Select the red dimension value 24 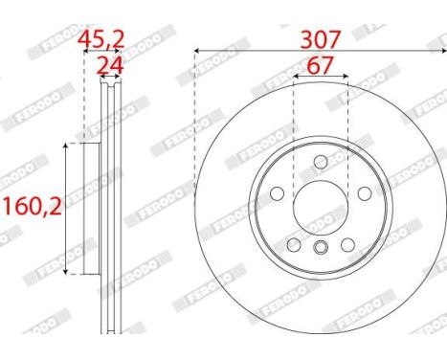(x=110, y=65)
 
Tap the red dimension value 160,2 (x=31, y=205)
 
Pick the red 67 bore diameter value (x=320, y=67)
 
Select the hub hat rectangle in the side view (x=93, y=205)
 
